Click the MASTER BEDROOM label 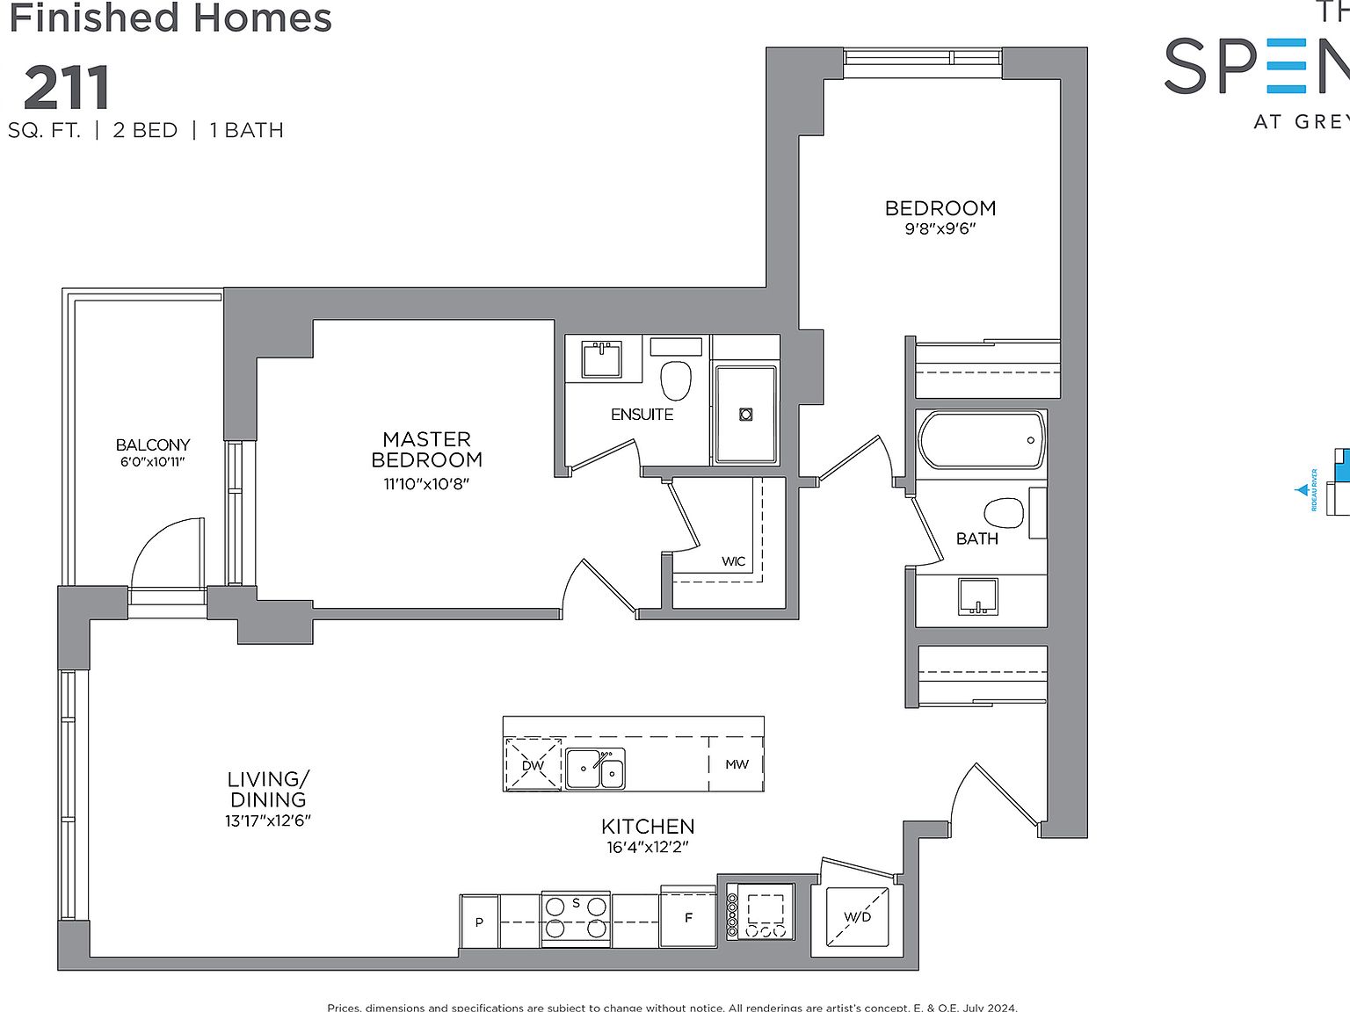point(426,449)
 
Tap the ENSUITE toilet point(675,379)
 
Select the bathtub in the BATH point(981,439)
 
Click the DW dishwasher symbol point(533,764)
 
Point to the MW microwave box point(737,764)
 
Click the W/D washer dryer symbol point(857,916)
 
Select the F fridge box point(688,918)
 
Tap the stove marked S point(576,918)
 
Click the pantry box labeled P point(479,922)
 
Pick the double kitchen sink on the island point(595,769)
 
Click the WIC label point(733,561)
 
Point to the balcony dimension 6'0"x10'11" point(153,462)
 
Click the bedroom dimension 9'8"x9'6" point(940,229)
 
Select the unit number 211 point(67,89)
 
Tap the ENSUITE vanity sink point(602,359)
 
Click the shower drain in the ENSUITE point(745,414)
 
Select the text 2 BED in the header point(145,130)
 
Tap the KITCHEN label point(648,826)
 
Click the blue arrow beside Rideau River point(1303,490)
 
